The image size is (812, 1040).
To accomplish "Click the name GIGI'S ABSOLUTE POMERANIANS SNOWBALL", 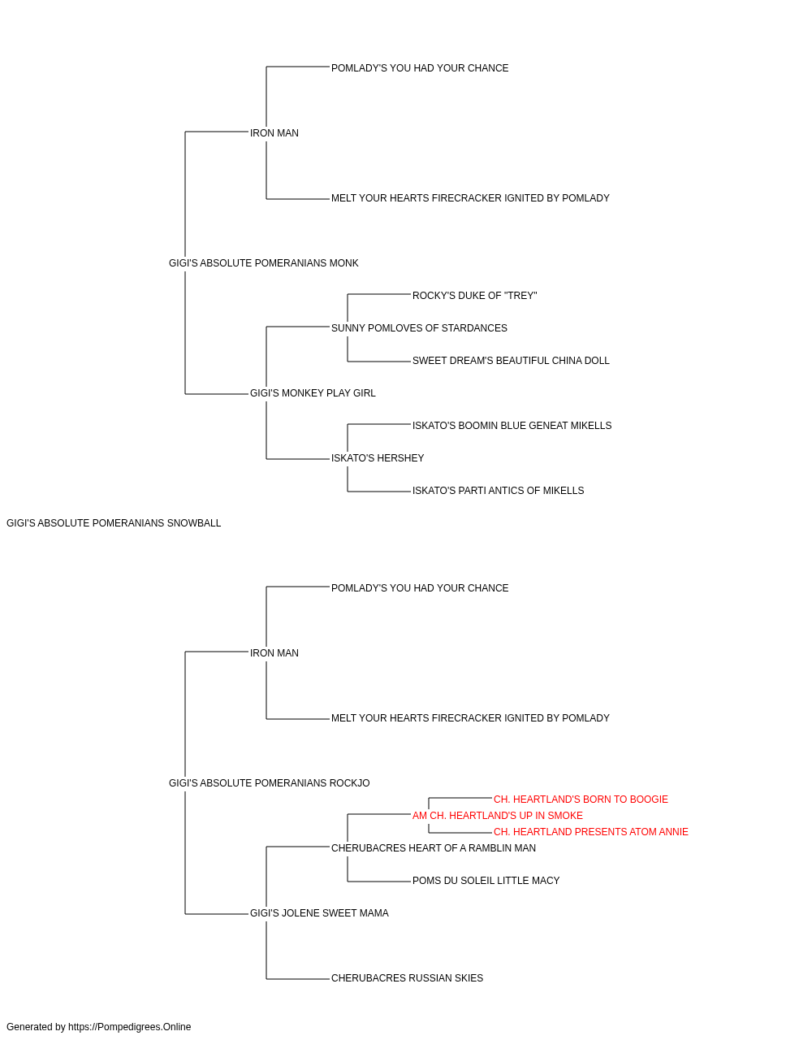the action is click(x=114, y=523).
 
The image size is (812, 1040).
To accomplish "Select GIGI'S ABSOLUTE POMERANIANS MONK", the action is click(x=263, y=263).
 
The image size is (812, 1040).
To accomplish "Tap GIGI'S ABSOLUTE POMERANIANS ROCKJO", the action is click(x=270, y=783).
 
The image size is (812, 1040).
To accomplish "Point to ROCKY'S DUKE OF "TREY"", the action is click(x=474, y=296).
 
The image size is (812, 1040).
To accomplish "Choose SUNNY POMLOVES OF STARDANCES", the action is click(x=419, y=328).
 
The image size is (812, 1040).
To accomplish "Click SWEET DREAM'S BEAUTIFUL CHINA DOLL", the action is click(x=511, y=361).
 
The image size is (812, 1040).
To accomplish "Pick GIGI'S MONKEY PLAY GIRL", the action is click(x=313, y=393).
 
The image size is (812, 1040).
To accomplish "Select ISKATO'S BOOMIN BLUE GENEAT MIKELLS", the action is click(x=512, y=426).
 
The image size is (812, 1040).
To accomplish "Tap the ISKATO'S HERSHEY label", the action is click(x=378, y=458).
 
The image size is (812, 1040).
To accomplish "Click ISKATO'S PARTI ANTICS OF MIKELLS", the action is click(x=498, y=491).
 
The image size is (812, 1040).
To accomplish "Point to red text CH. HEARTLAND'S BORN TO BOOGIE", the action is click(x=581, y=799).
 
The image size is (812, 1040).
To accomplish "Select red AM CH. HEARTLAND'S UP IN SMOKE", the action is click(x=497, y=816).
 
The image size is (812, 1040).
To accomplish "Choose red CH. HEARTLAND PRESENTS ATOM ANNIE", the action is click(x=590, y=832).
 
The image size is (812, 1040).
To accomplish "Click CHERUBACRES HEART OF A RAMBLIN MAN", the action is click(x=434, y=848).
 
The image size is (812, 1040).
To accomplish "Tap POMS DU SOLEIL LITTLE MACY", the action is click(x=486, y=881).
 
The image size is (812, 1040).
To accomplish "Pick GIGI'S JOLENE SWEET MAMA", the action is click(x=319, y=913).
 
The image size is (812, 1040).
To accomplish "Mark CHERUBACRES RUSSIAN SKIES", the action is click(x=407, y=978).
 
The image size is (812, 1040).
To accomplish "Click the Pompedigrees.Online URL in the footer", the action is click(x=129, y=1027).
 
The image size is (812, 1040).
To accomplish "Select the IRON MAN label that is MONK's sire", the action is click(x=274, y=133).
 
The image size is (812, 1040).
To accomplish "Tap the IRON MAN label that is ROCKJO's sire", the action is click(x=274, y=653).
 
